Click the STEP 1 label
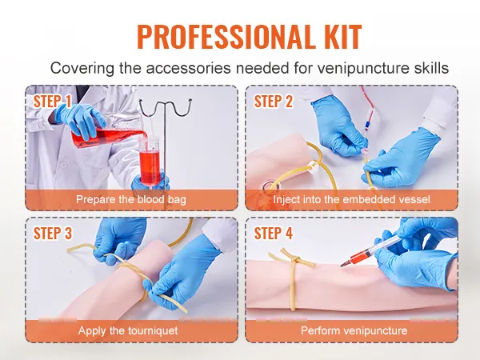click(52, 102)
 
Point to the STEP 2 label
click(274, 102)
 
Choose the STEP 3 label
click(52, 234)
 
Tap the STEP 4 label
click(274, 234)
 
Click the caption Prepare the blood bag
click(131, 199)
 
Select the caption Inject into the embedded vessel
click(351, 199)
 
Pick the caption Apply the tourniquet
click(128, 331)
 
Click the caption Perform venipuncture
click(354, 331)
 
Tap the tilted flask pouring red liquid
click(107, 132)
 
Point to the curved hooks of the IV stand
click(166, 107)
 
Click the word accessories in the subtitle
click(188, 68)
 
